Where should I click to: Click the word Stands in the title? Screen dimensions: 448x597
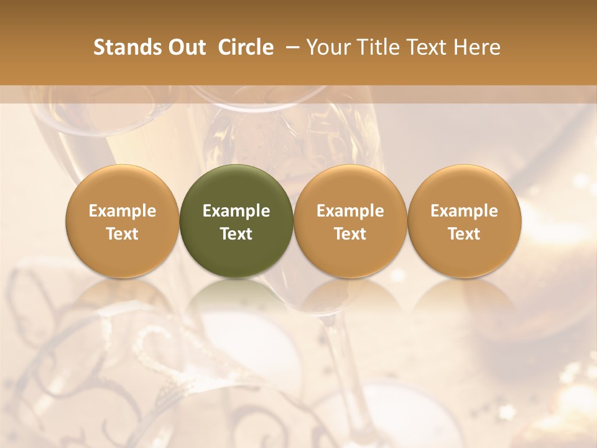click(x=125, y=47)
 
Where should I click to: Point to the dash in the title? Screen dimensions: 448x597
click(x=290, y=47)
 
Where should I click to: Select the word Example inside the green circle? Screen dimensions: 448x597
click(x=236, y=211)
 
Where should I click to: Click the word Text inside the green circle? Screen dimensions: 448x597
click(x=236, y=234)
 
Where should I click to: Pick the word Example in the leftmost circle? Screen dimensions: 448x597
click(x=123, y=211)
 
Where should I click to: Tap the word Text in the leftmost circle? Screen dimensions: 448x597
click(x=123, y=234)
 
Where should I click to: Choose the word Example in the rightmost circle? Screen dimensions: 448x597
click(x=464, y=211)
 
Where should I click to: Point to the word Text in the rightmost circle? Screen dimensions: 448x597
click(x=464, y=234)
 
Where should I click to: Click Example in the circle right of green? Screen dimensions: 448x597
click(x=350, y=211)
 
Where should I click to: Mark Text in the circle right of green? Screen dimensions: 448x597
click(x=350, y=234)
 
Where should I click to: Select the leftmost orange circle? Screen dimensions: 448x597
click(x=123, y=187)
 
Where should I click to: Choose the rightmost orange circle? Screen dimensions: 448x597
click(x=464, y=187)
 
